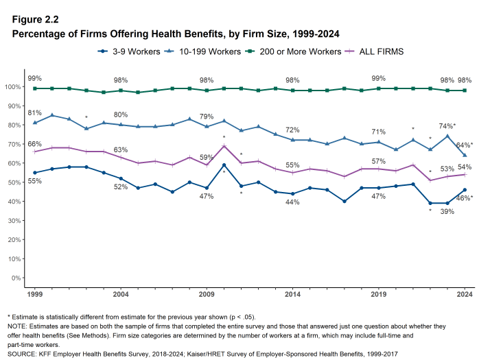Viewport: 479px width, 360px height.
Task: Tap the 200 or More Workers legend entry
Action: [299, 51]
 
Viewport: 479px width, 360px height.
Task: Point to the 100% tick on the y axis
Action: [13, 87]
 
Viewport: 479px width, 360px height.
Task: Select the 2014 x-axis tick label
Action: [292, 294]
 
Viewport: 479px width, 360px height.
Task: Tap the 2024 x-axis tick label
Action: [465, 294]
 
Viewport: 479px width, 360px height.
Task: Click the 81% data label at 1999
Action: [34, 112]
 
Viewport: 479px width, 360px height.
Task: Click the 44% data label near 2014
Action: [292, 202]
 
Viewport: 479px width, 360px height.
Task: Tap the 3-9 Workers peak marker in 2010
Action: [224, 165]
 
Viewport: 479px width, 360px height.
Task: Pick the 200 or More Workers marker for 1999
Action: [34, 88]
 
